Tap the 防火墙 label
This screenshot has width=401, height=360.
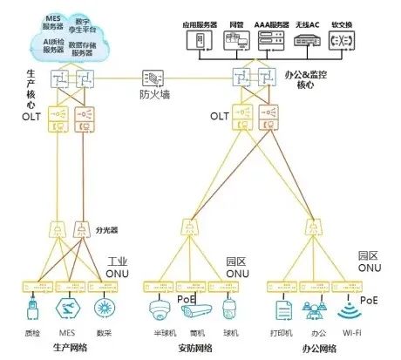click(155, 93)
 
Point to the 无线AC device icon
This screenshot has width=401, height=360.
click(306, 41)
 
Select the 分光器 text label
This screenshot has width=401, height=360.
click(105, 231)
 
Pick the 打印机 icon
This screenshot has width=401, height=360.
click(282, 310)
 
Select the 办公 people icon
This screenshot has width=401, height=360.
click(314, 310)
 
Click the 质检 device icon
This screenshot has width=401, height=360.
click(31, 310)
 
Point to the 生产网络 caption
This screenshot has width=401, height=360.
click(69, 348)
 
